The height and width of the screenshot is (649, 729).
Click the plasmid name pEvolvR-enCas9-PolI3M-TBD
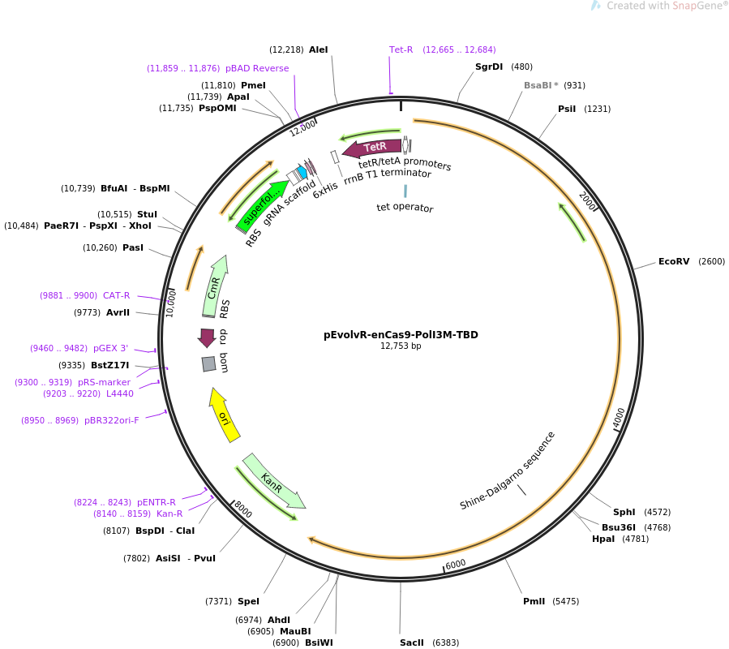click(x=401, y=334)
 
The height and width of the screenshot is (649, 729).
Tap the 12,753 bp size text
click(x=401, y=346)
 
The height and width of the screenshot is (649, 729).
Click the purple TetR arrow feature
click(x=372, y=148)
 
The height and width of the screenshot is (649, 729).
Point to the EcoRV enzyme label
click(x=674, y=261)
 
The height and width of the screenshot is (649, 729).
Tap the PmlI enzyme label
click(x=534, y=601)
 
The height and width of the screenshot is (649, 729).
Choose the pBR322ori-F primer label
click(x=112, y=420)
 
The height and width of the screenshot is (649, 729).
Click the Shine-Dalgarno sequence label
click(x=508, y=471)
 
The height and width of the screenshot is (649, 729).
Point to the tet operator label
click(x=405, y=208)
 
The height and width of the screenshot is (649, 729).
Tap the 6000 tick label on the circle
click(x=456, y=563)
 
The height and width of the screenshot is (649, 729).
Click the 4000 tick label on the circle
click(x=619, y=417)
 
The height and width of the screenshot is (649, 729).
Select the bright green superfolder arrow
click(x=263, y=204)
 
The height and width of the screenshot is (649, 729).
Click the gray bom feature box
click(x=209, y=364)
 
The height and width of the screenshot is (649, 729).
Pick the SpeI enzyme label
click(x=249, y=601)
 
